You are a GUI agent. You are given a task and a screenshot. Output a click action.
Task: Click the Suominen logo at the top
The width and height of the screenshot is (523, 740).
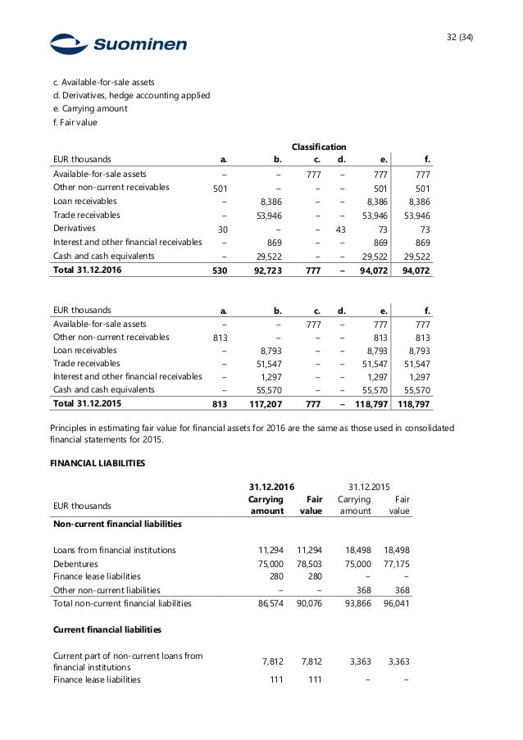[x=117, y=44]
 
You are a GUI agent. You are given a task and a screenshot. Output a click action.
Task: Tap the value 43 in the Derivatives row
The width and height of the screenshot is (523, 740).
[x=342, y=229]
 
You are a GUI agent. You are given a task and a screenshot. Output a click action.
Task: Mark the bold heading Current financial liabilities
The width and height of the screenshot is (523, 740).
[x=107, y=629]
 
